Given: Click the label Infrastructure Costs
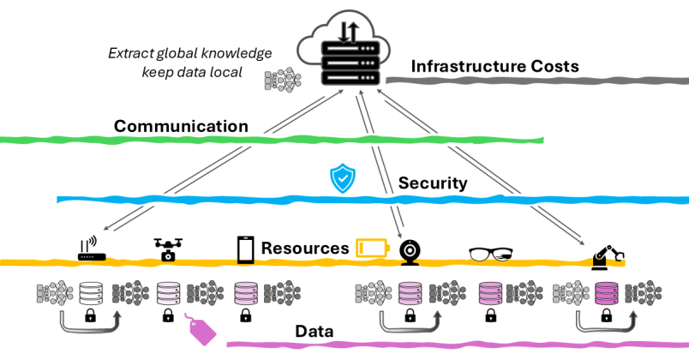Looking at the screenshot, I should click(x=494, y=66).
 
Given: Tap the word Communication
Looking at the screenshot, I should click(x=181, y=127).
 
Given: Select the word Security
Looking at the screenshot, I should click(x=433, y=183).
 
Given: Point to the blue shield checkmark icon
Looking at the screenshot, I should click(x=343, y=179).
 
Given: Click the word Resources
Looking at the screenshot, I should click(x=305, y=249).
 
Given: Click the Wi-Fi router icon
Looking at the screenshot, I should click(x=89, y=249).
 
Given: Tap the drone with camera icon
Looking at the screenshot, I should click(x=167, y=249).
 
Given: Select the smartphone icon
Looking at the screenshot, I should click(x=246, y=249).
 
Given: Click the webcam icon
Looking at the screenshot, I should click(x=410, y=249).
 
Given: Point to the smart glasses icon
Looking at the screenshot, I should click(x=491, y=254).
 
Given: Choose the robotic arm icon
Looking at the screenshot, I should click(x=608, y=254).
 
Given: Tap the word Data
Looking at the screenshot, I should click(x=314, y=331).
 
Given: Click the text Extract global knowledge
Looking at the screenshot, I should click(x=189, y=53).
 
